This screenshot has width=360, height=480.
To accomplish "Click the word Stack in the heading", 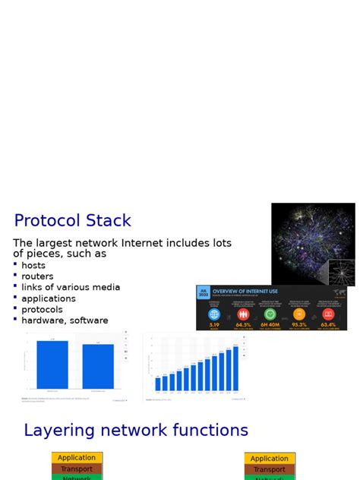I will (105, 221).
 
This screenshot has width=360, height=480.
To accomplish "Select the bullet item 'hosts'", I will (33, 266).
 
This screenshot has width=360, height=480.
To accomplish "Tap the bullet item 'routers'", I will (37, 276).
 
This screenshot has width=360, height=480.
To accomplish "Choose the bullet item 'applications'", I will (49, 298).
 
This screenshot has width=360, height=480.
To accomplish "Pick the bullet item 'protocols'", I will (42, 309).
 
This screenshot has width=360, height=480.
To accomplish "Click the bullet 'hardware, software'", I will (65, 321).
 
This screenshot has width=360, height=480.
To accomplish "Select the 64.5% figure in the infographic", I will (243, 324).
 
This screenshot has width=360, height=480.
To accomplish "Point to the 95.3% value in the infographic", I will (299, 324).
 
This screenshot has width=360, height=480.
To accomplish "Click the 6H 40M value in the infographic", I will (270, 324).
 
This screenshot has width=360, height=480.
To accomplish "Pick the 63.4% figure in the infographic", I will (328, 324).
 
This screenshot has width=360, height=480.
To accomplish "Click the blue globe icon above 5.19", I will (214, 314).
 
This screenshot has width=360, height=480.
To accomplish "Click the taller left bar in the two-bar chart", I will (52, 365).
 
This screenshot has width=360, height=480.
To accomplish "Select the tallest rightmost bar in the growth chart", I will (235, 368).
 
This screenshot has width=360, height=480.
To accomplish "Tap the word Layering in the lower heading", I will (58, 431).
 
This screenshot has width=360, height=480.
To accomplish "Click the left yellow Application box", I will (77, 458).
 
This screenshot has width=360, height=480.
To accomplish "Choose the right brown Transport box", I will (270, 469).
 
